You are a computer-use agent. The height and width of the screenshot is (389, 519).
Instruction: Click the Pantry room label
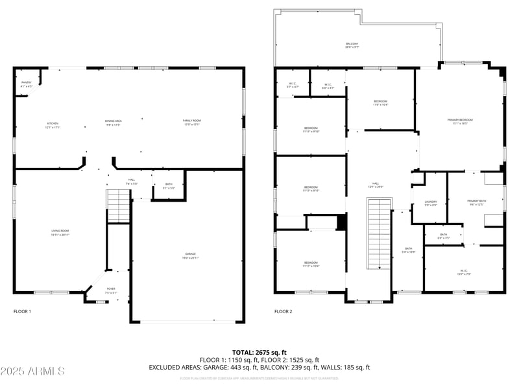(x=26, y=84)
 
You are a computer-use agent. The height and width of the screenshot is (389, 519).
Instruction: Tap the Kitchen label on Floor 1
(x=52, y=124)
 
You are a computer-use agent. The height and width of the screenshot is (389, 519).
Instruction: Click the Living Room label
(x=60, y=232)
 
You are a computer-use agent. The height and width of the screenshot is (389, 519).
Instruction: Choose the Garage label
(x=190, y=255)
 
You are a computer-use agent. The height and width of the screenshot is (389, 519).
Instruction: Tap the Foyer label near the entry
(x=111, y=290)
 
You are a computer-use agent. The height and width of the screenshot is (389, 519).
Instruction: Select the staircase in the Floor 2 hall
(x=380, y=233)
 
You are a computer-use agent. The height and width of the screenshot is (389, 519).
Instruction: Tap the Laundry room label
(x=431, y=203)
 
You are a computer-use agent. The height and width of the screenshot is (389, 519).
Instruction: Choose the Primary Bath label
(x=476, y=202)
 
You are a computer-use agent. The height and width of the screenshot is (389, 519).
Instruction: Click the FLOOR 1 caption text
(x=22, y=312)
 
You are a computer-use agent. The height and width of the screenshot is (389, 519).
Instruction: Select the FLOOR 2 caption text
(x=283, y=312)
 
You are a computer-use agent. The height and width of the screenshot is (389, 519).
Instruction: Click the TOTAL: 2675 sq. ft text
(x=259, y=352)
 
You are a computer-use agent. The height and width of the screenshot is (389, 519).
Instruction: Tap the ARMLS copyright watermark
(x=32, y=371)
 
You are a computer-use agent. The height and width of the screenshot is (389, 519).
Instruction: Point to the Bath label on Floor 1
(x=168, y=185)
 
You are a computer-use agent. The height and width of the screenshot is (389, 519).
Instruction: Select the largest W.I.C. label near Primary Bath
(x=464, y=272)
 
